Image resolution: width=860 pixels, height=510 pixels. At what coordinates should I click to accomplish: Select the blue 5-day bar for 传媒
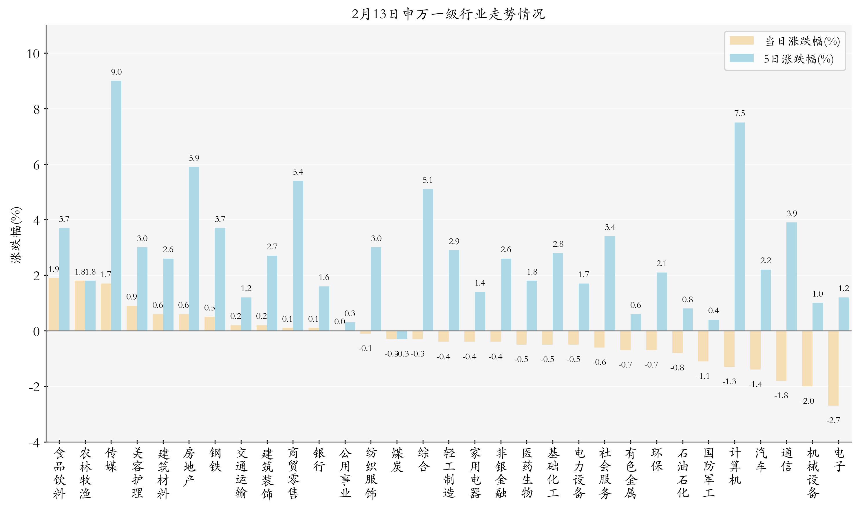point(116,206)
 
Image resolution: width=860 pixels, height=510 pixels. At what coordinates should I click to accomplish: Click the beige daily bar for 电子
point(833,368)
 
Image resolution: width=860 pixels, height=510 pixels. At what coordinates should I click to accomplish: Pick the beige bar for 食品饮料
point(54,304)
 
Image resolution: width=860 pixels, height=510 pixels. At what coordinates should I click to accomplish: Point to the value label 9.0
point(116,72)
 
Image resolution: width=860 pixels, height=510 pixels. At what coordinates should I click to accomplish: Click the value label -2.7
point(833,420)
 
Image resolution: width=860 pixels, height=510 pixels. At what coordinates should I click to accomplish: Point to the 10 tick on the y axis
point(33,54)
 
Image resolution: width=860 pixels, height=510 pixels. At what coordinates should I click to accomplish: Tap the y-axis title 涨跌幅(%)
point(16,235)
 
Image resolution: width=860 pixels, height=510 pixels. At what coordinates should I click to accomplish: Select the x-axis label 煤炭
point(397,460)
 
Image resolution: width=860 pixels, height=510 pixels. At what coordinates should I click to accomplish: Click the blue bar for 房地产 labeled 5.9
point(194,249)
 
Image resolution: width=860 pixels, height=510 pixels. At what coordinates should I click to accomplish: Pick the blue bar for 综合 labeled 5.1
point(428,260)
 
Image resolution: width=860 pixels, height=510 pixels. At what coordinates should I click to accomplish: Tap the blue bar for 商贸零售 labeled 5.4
point(298,256)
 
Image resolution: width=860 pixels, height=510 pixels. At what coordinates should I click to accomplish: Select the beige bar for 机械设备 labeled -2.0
point(807,359)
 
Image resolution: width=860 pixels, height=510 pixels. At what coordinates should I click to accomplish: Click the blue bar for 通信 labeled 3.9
point(791,277)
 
